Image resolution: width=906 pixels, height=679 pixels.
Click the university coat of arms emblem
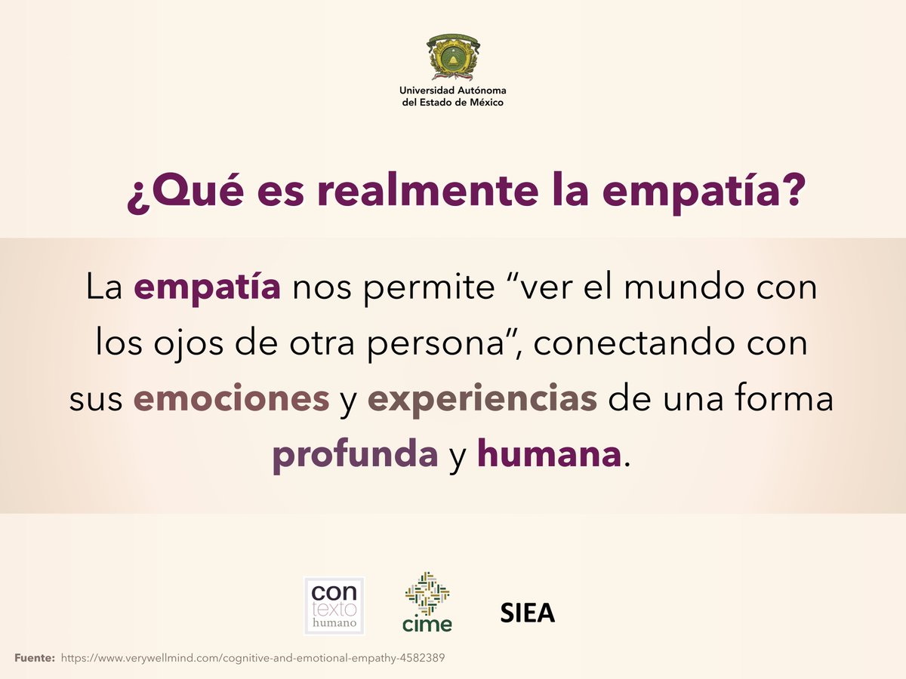453,57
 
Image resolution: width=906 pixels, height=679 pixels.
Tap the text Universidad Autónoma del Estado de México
453,97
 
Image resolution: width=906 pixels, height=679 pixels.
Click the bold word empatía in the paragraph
208,289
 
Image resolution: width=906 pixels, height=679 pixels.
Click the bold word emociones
232,400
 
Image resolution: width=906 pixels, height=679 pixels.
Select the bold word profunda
355,456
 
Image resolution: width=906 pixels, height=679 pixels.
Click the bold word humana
549,455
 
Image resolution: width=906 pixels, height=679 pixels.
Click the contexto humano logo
334,605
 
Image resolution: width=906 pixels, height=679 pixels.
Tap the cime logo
427,602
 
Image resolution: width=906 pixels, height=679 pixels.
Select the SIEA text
528,613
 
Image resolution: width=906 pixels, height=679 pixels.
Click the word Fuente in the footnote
35,658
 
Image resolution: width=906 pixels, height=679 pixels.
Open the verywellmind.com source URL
253,658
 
